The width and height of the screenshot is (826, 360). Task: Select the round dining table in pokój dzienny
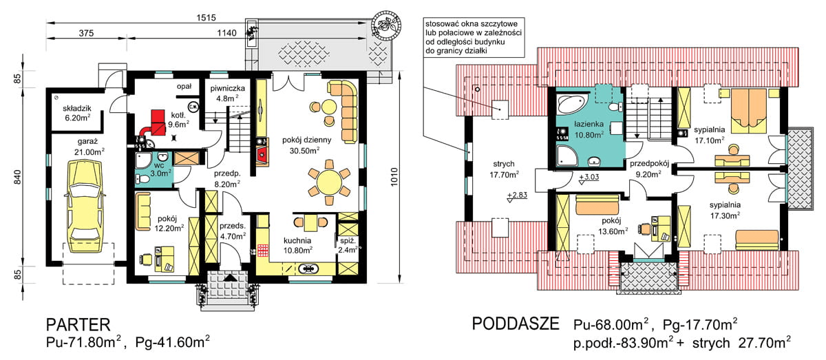328,182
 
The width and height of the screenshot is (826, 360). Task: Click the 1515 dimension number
206,18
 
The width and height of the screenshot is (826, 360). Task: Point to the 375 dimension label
86,33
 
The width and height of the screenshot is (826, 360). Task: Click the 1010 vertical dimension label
394,177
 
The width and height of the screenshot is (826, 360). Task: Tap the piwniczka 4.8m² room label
228,94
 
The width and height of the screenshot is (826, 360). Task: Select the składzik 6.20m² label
77,113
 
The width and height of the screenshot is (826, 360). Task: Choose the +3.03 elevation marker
589,178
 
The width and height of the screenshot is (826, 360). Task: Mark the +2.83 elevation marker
517,197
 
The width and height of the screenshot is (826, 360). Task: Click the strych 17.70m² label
504,169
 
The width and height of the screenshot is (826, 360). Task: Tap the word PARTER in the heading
78,325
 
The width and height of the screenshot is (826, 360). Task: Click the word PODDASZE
516,324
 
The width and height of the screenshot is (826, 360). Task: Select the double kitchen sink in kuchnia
308,268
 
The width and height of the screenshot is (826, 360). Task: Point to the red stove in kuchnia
262,250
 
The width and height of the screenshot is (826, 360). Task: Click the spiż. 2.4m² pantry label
348,245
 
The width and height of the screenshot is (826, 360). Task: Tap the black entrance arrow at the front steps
230,277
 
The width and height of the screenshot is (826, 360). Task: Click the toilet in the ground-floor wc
142,179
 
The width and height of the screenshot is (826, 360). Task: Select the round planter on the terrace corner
386,25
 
